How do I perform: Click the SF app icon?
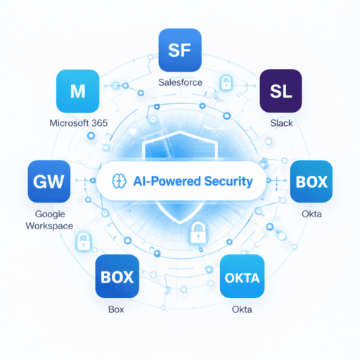(x=181, y=51)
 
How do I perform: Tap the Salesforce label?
(x=181, y=83)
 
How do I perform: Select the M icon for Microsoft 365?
(x=77, y=91)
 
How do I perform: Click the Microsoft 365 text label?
(x=77, y=124)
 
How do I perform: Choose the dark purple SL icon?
(x=282, y=91)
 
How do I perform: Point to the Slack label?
(x=282, y=123)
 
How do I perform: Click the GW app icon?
(x=49, y=181)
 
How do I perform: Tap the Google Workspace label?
(x=49, y=219)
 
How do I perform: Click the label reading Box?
(x=117, y=309)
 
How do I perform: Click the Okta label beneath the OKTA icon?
(x=242, y=309)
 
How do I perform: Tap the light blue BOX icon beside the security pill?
(x=311, y=181)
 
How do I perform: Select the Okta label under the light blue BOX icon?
(x=311, y=214)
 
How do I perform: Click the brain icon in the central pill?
(x=117, y=181)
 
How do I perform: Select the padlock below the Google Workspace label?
(x=82, y=243)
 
